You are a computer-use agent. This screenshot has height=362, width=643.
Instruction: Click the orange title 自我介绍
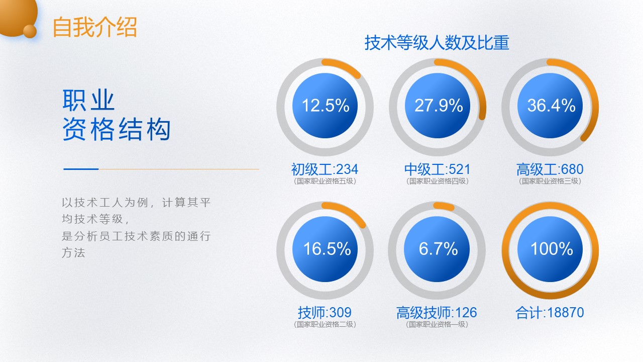tap(95, 27)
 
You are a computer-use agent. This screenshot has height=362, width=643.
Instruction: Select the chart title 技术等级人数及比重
tap(437, 43)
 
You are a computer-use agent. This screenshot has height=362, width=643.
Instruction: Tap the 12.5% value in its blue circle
tap(326, 105)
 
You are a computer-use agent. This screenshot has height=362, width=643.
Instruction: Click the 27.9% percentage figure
tap(439, 105)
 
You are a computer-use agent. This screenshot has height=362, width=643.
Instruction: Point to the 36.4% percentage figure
tap(552, 105)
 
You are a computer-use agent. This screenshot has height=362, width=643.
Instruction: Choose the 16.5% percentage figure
tap(327, 248)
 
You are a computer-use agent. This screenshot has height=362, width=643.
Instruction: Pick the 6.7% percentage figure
tap(439, 248)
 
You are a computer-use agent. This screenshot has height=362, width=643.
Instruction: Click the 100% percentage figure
tap(552, 248)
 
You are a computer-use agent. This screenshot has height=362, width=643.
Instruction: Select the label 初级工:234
tap(325, 169)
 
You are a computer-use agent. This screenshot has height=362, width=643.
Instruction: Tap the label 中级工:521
tap(437, 169)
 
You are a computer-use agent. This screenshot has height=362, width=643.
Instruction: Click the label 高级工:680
tap(550, 169)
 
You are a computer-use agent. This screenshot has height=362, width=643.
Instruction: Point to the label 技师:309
tap(325, 312)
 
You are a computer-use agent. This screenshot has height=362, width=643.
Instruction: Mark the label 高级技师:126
tap(437, 312)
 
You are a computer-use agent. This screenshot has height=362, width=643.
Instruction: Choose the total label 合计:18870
tap(550, 312)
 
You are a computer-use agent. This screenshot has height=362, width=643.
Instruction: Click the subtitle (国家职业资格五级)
tap(325, 181)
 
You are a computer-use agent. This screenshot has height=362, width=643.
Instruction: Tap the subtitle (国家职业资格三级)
tap(550, 181)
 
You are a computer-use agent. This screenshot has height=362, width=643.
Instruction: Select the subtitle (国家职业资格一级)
tap(437, 324)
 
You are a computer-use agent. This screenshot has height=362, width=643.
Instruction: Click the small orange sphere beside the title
tap(30, 31)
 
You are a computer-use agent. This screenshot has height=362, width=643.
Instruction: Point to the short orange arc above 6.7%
tap(444, 206)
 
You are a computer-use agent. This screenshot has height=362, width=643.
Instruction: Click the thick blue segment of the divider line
tap(81, 169)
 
